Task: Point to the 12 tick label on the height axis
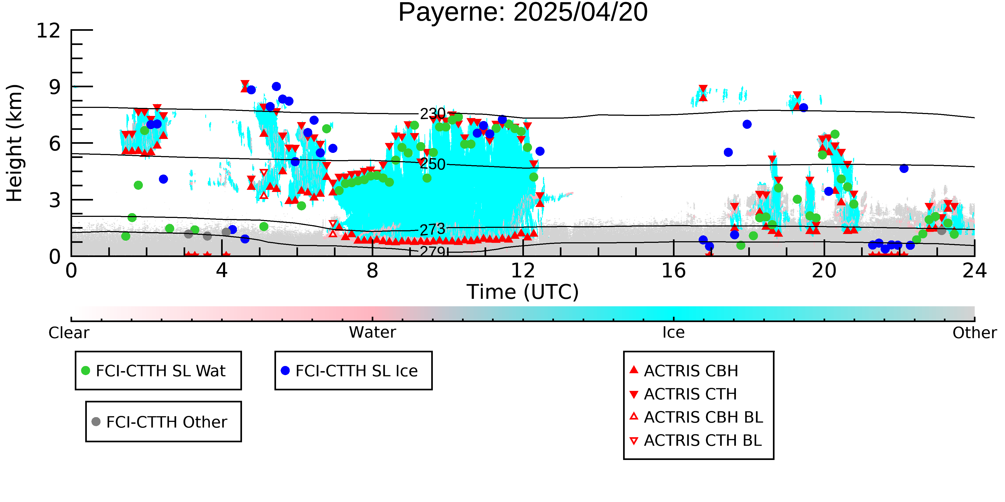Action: pos(49,31)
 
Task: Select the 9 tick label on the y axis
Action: pos(55,87)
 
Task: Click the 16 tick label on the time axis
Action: pos(673,271)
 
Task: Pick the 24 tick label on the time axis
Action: pos(974,271)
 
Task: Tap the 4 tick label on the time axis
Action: pos(222,271)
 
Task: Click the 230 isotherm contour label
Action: pos(432,114)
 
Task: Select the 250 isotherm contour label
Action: pos(432,164)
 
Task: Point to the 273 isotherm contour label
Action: pos(432,229)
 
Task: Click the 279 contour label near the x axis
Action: pos(432,251)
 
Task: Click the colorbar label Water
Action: pos(372,333)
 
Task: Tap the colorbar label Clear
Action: pos(69,333)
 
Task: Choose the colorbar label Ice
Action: pos(673,333)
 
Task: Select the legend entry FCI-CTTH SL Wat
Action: pos(160,371)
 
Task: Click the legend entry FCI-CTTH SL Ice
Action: pos(356,371)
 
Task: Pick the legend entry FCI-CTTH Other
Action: pos(166,422)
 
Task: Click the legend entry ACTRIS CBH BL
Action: pos(703,417)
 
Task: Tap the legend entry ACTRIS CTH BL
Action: pos(702,440)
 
